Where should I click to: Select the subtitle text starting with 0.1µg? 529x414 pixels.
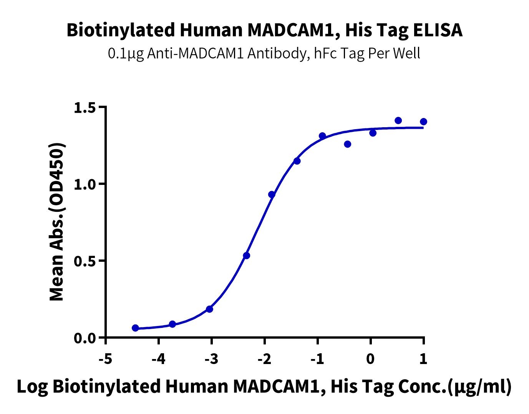264,53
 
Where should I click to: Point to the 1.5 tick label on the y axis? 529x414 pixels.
84,107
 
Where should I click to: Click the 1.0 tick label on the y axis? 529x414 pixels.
84,184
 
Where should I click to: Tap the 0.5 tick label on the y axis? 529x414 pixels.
84,261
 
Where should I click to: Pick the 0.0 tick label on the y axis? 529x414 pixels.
84,338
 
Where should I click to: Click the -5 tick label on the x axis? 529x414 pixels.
105,359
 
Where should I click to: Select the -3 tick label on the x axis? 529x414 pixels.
211,359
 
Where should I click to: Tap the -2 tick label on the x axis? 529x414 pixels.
264,359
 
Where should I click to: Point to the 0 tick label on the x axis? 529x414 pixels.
370,359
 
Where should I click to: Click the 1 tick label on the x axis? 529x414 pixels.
423,359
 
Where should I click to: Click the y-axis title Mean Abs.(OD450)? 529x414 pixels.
57,222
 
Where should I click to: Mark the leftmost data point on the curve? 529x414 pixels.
135,328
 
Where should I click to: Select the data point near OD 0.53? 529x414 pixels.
247,256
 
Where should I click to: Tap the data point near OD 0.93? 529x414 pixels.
272,195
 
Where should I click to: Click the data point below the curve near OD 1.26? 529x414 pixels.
348,144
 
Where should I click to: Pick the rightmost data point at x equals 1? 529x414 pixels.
423,122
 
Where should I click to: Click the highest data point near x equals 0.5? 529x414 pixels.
398,121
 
